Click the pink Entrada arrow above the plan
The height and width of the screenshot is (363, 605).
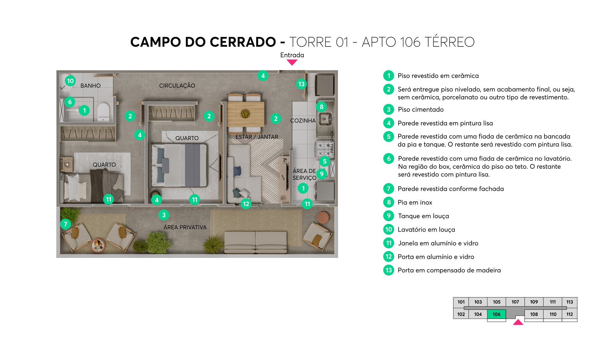(x=292, y=62)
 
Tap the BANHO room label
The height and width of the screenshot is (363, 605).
(x=90, y=86)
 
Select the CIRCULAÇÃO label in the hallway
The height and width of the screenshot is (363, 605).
(x=177, y=86)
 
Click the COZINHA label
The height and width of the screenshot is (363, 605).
(x=303, y=121)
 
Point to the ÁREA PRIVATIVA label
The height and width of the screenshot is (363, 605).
(x=185, y=228)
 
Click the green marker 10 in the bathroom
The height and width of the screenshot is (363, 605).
(x=70, y=81)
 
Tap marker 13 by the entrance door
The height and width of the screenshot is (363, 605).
(x=301, y=84)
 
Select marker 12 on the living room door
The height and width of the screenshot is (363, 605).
(x=246, y=204)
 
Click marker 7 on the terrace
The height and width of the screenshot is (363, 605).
(x=66, y=224)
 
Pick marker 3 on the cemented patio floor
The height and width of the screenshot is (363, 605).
(x=164, y=215)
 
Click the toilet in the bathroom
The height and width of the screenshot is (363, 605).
(x=103, y=112)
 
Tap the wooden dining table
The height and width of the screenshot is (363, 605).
(x=245, y=114)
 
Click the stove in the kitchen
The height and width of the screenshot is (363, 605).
(x=323, y=149)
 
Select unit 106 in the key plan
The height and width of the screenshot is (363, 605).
(x=496, y=314)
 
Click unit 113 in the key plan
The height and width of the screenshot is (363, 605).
(x=569, y=302)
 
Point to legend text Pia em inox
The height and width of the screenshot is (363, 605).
(x=415, y=202)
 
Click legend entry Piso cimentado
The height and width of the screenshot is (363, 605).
(x=420, y=110)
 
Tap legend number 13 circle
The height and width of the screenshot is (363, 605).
(x=389, y=270)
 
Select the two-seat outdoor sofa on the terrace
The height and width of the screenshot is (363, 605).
(x=255, y=242)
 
